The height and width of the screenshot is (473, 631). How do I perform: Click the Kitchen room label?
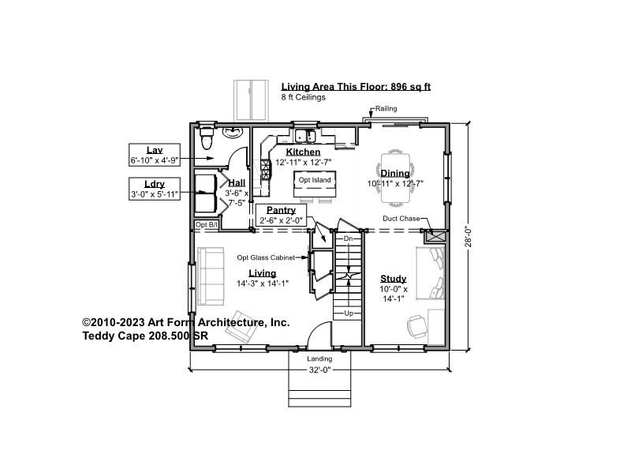click(303, 152)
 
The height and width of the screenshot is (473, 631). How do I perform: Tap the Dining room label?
click(395, 173)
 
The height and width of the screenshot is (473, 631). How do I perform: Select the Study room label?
click(393, 279)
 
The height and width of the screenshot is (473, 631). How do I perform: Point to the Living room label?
click(263, 273)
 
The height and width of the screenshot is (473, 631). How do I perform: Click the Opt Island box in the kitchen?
click(315, 184)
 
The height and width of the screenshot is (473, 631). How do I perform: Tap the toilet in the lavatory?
click(207, 137)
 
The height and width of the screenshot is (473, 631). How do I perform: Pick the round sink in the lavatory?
click(232, 132)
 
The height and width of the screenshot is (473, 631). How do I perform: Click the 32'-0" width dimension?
click(319, 370)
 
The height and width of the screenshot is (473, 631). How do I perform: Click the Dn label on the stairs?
click(348, 238)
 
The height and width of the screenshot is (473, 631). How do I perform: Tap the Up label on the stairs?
click(349, 313)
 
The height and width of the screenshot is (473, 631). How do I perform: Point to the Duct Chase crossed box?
click(436, 236)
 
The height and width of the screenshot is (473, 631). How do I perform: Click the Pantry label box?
click(281, 215)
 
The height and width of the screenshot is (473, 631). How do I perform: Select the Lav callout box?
click(155, 154)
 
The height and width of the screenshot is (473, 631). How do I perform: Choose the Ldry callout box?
click(155, 189)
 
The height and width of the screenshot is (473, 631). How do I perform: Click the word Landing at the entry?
click(319, 359)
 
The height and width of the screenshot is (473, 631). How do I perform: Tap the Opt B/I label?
click(207, 225)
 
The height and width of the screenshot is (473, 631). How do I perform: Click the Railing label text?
click(386, 108)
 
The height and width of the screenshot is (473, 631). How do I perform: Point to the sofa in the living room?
click(211, 276)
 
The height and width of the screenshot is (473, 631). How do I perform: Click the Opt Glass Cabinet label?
click(266, 257)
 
